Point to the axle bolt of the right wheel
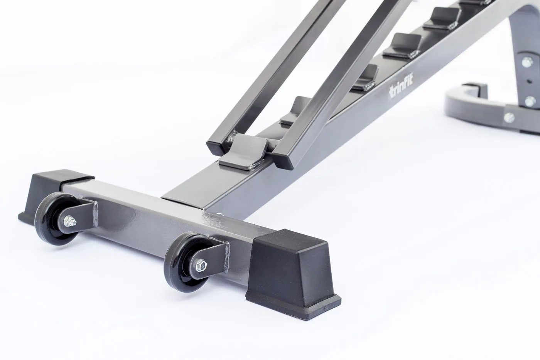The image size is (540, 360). tap(201, 264)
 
